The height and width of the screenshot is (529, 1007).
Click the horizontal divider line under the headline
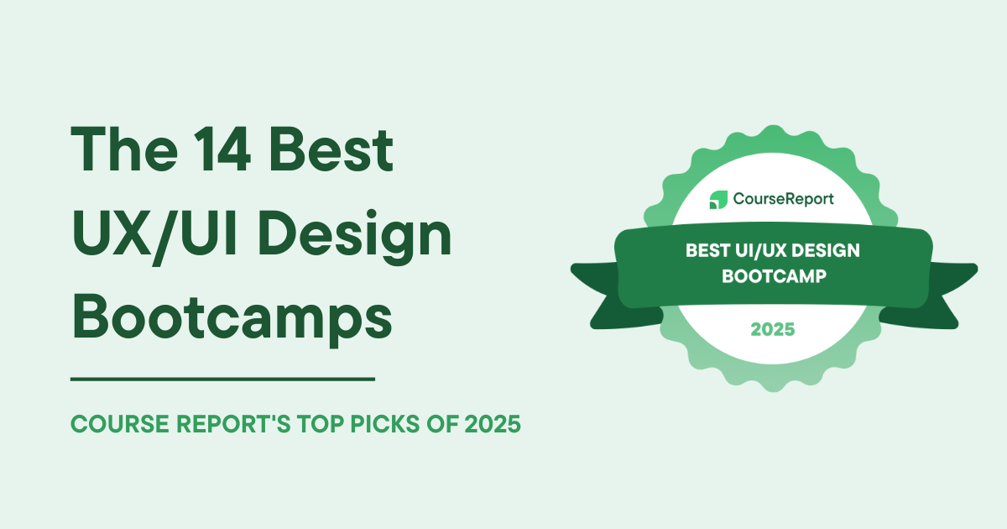[222, 380]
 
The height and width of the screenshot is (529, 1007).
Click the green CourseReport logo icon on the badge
[718, 200]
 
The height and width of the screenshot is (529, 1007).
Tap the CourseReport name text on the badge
[784, 200]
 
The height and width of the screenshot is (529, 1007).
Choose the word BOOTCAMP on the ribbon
[773, 275]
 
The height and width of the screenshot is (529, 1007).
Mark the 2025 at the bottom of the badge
[773, 330]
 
